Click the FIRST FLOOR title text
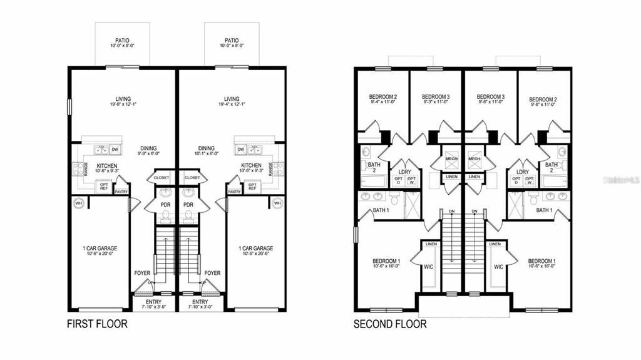[97, 324]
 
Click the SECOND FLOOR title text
[390, 324]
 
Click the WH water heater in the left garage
[78, 202]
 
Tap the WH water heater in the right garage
[277, 202]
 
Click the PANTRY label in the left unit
[121, 192]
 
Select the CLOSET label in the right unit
[193, 178]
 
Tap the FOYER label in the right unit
[213, 273]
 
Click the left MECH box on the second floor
[451, 159]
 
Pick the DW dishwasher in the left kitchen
[115, 150]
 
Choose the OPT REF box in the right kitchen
[252, 186]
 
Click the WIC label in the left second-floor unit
[429, 267]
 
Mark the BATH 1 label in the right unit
[544, 210]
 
